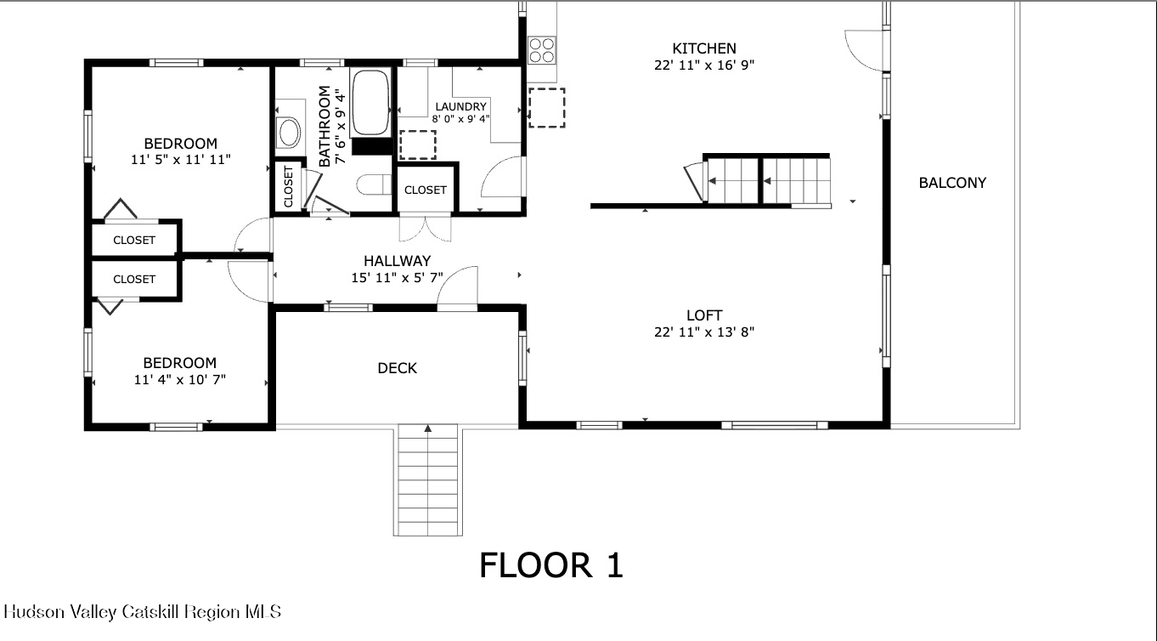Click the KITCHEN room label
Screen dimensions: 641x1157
point(704,48)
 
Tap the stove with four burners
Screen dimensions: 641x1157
point(541,50)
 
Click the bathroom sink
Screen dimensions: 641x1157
point(290,132)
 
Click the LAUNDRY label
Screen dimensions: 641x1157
point(460,106)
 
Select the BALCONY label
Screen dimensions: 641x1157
point(952,183)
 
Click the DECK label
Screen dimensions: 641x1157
point(398,368)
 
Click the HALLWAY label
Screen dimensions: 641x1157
point(397,261)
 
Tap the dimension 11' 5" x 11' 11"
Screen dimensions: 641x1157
point(180,159)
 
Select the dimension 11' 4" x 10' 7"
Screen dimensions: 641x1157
point(179,379)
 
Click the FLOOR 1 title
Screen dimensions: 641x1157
point(551,565)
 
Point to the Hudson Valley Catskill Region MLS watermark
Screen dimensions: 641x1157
point(142,611)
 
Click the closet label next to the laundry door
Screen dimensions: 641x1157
point(426,190)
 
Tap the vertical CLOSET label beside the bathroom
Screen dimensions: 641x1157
point(288,186)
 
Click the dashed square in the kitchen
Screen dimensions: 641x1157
point(546,107)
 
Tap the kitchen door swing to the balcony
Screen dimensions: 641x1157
point(862,49)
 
